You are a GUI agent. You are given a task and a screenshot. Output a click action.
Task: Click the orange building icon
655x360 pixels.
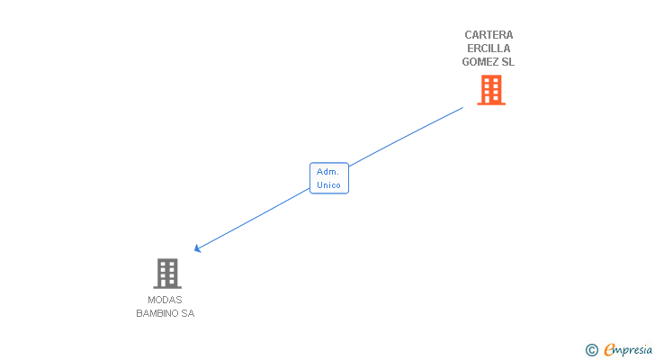pos(490,90)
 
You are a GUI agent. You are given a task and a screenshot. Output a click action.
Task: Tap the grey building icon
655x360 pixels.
pos(167,273)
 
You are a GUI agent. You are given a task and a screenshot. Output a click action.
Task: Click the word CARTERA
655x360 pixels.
pos(489,35)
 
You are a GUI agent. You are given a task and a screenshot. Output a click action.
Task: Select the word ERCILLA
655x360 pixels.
pos(489,49)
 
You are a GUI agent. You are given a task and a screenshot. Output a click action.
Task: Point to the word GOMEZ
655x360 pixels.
pos(480,62)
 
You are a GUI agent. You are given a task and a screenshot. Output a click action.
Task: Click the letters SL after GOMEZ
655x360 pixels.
pos(508,62)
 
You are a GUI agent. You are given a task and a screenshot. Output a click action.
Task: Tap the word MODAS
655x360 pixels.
pos(165,300)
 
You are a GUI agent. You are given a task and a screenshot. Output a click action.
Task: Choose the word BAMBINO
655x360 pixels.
pos(157,313)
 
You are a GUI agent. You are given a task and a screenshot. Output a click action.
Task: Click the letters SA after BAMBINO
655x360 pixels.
pos(187,313)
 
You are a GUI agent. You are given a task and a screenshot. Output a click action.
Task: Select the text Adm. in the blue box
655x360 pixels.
pos(328,171)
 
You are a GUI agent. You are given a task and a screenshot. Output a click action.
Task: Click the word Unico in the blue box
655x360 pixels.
pos(328,184)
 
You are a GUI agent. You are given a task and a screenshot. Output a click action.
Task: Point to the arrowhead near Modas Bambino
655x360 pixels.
pos(197,248)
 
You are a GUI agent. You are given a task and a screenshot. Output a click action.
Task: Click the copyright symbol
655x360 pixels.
pos(591,350)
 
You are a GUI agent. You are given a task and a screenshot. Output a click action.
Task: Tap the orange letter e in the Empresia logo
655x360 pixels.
pos(609,350)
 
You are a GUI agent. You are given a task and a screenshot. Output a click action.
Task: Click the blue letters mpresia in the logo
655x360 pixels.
pos(634,350)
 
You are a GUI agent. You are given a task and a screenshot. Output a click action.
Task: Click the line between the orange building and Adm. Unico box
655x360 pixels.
pos(405,137)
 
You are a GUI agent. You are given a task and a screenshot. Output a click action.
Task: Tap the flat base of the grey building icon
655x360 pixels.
pos(167,286)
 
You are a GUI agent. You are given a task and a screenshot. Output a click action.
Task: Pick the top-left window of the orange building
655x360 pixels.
pos(486,81)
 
